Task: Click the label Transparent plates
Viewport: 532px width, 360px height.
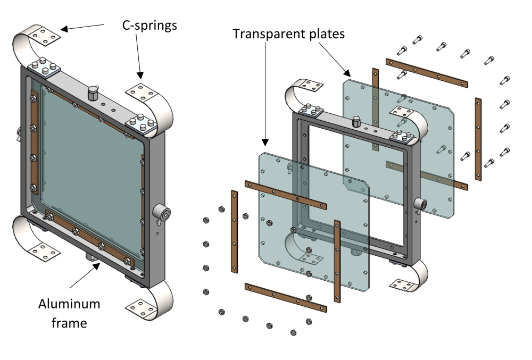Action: (x=289, y=34)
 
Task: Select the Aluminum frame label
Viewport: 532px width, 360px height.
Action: (x=69, y=312)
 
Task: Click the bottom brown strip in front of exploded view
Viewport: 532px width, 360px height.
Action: (x=284, y=297)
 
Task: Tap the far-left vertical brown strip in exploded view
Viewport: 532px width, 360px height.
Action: (x=234, y=232)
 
